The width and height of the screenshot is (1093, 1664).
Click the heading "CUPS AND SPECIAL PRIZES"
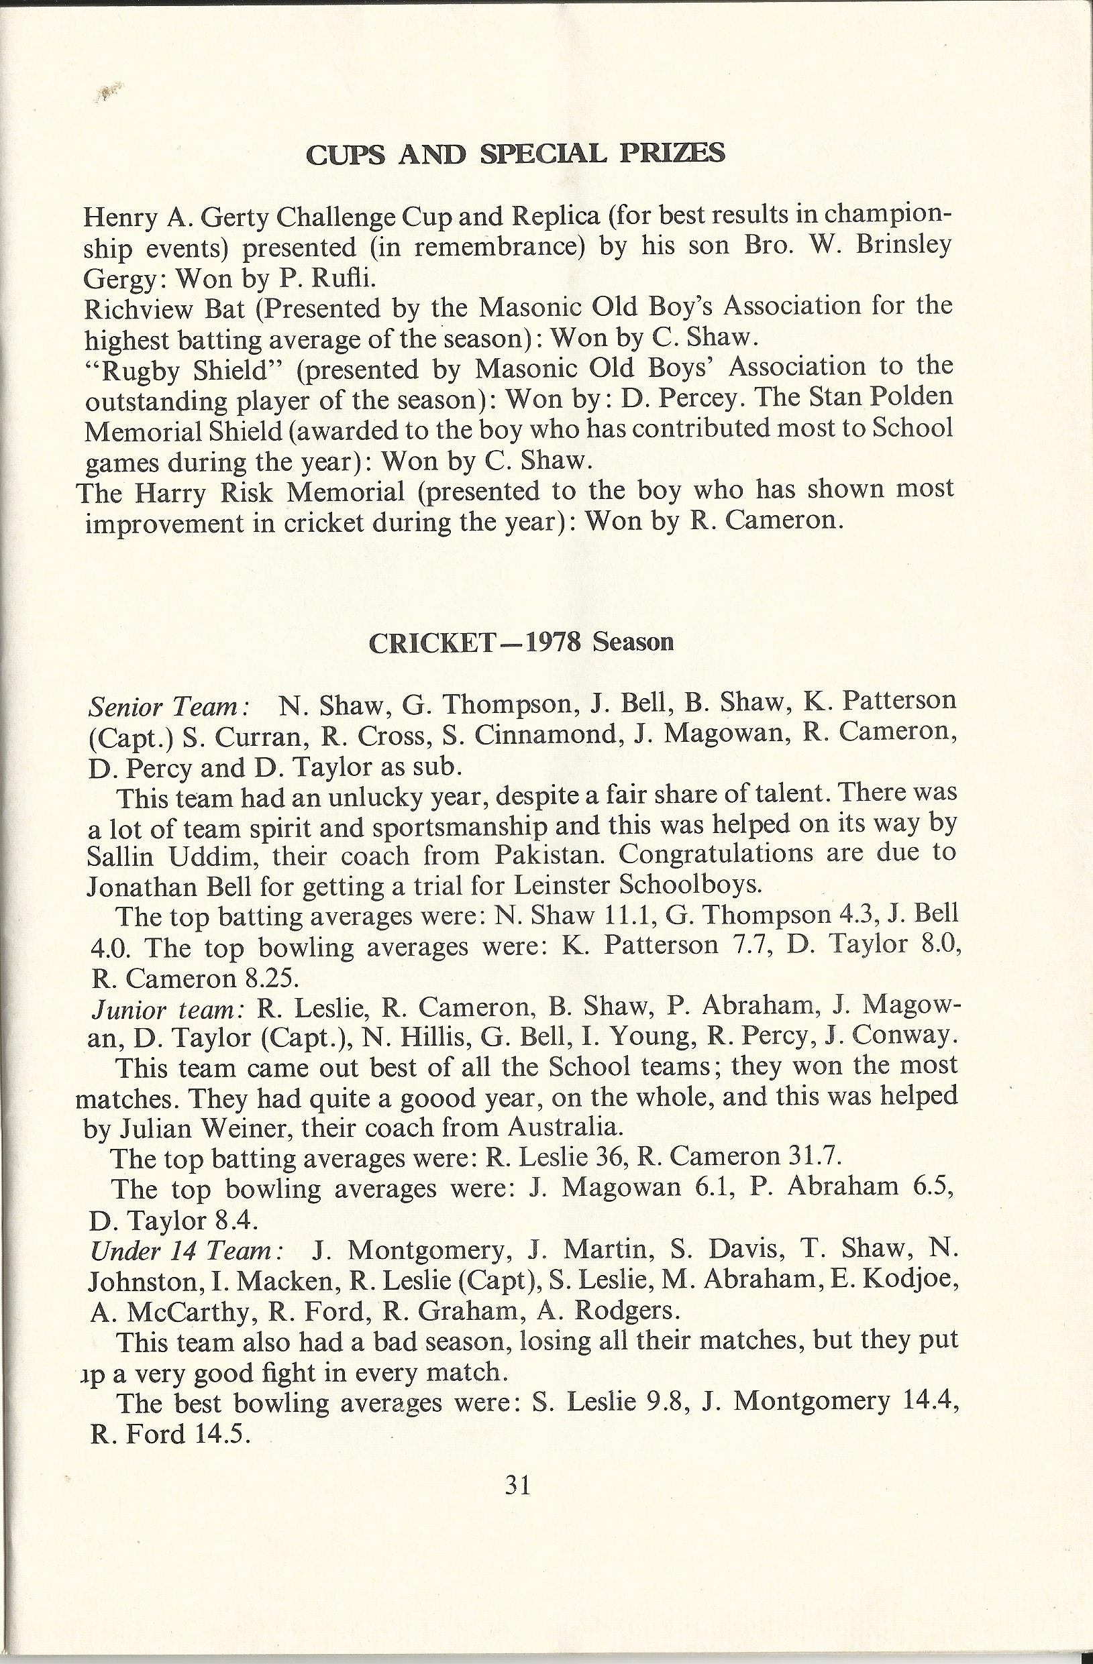(x=515, y=154)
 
